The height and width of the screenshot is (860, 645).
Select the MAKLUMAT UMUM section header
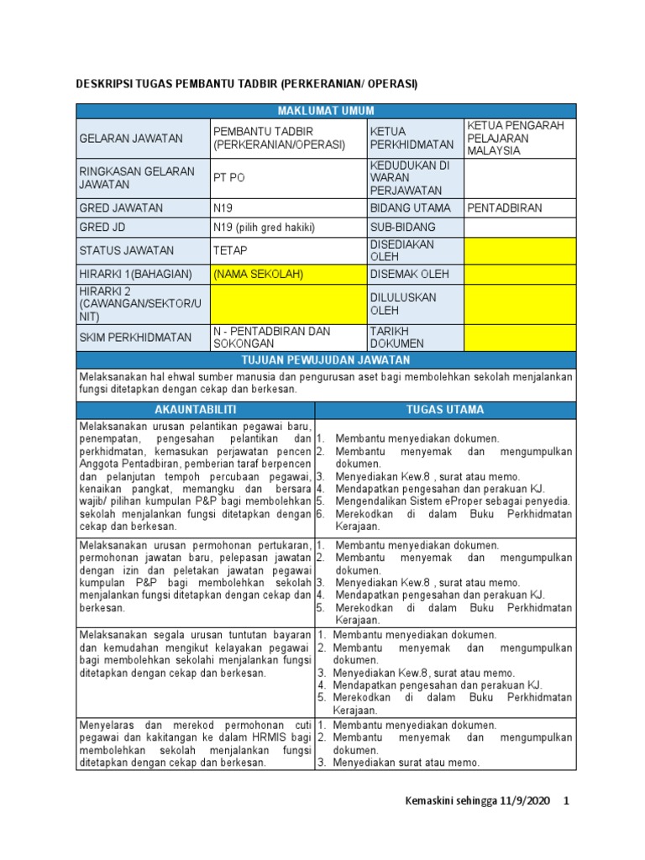[326, 111]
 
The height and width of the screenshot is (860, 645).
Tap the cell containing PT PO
[288, 178]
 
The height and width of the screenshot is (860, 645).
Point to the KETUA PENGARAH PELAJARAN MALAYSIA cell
[520, 138]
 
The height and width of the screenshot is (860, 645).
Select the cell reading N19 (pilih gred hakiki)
[288, 228]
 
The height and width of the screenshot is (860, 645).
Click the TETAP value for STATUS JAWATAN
[288, 250]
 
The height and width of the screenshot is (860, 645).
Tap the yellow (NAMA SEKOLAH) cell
[288, 274]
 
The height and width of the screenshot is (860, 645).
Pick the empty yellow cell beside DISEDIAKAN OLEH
[520, 250]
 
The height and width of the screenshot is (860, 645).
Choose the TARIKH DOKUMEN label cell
[415, 338]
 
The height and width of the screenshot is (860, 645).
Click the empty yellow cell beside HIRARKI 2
[288, 303]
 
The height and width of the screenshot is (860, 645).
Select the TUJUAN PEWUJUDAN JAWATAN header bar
[326, 359]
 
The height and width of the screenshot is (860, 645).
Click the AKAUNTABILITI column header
[195, 410]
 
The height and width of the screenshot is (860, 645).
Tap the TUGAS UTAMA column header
[445, 410]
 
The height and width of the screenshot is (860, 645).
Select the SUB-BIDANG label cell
[415, 228]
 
